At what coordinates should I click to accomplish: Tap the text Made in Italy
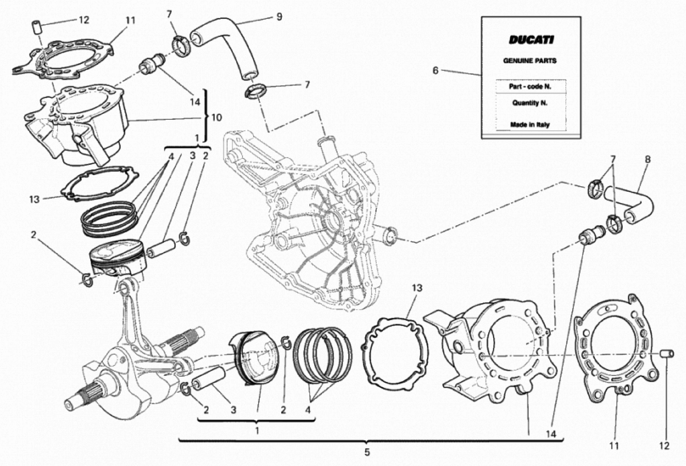pyautogui.click(x=530, y=125)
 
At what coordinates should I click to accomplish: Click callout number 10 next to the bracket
pyautogui.click(x=216, y=118)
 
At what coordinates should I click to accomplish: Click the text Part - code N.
pyautogui.click(x=530, y=87)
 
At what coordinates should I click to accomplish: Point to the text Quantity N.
pyautogui.click(x=530, y=103)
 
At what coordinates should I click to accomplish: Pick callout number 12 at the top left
pyautogui.click(x=84, y=20)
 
